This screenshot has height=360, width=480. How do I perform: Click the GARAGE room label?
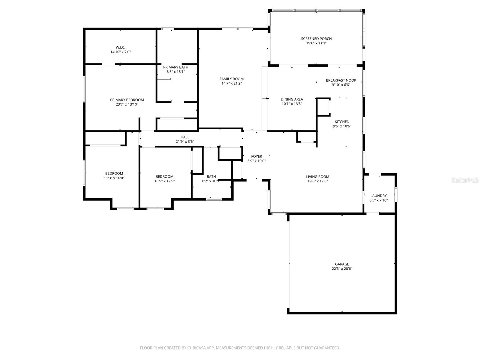pos(342,264)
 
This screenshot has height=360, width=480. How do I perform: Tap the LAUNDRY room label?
pos(378,196)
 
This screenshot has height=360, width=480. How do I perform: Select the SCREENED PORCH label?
pos(316,39)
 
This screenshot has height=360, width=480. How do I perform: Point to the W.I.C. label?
pos(120,47)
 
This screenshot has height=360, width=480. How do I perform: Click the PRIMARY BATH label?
pos(175,67)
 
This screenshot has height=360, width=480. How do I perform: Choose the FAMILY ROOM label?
pos(232,79)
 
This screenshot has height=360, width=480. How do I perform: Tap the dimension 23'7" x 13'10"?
pos(127,104)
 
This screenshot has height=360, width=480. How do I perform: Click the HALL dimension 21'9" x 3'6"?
pos(185,142)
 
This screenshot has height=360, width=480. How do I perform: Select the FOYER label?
pos(256,156)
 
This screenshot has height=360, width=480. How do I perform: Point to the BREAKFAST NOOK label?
pos(341,80)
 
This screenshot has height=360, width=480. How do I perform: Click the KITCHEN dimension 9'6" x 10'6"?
pos(342,126)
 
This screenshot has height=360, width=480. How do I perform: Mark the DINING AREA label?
pos(292,99)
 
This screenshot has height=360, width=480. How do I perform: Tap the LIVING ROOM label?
pos(317,177)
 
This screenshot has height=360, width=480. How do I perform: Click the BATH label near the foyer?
pos(211,177)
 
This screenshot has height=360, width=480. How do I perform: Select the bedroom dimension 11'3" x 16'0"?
pos(114,178)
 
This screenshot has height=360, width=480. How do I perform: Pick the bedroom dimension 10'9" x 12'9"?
pos(164,181)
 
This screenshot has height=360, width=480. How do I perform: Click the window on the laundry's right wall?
pos(396,194)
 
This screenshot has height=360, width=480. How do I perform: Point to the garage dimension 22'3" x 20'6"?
pos(342,269)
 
